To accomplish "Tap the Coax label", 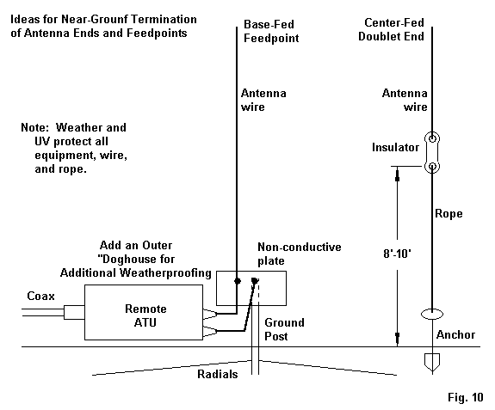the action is [x=40, y=296].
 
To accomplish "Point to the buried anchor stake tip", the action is [x=432, y=372].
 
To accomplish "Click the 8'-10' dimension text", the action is [x=397, y=254].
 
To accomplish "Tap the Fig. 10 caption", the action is [x=466, y=397].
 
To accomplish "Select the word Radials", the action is [x=218, y=374].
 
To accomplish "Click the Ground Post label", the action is [x=284, y=329].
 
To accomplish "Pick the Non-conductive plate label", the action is [x=300, y=254].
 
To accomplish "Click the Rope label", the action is [x=449, y=214].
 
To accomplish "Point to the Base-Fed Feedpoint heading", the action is [x=271, y=31].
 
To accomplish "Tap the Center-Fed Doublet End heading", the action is [x=391, y=29].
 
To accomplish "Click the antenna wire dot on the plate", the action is [x=238, y=281].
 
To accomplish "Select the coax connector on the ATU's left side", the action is [x=74, y=312].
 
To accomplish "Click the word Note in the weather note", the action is [x=34, y=127].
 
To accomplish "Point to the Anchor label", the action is [x=455, y=334].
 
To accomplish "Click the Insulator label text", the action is [x=395, y=147].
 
